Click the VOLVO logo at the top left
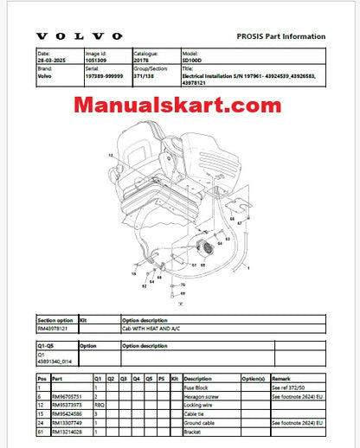pyautogui.click(x=80, y=36)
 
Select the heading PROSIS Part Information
pyautogui.click(x=281, y=36)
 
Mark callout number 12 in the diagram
pyautogui.click(x=111, y=154)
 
